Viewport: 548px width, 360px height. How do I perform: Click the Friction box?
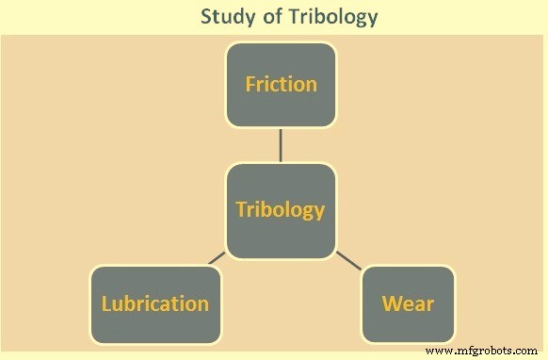281,85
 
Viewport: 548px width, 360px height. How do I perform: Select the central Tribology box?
280,210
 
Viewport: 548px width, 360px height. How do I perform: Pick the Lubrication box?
155,303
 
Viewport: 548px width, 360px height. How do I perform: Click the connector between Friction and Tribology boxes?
281,145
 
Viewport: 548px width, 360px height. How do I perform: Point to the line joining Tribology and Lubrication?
217,257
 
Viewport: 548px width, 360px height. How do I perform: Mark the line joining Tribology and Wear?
348,259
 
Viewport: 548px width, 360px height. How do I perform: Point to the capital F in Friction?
250,84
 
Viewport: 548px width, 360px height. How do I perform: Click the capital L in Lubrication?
106,303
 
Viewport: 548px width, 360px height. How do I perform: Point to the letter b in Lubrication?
131,303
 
